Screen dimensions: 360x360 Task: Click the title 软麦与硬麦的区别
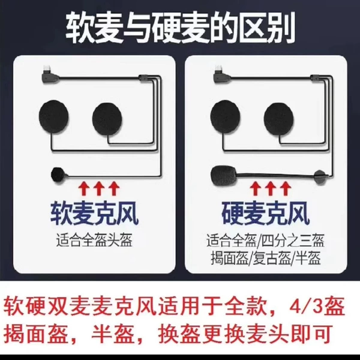pyautogui.click(x=181, y=28)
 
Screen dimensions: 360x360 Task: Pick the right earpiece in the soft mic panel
pyautogui.click(x=107, y=119)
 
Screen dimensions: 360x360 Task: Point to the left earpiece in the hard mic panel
pyautogui.click(x=225, y=117)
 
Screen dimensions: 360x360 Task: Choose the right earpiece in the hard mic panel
pyautogui.click(x=279, y=119)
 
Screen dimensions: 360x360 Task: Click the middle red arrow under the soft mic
pyautogui.click(x=99, y=188)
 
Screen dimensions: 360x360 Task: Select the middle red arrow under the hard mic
pyautogui.click(x=271, y=188)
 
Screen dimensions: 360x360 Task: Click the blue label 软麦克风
pyautogui.click(x=94, y=214)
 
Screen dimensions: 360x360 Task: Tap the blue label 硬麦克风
pyautogui.click(x=265, y=214)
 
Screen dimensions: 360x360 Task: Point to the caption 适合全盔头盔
pyautogui.click(x=94, y=240)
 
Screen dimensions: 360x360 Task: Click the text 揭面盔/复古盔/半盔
pyautogui.click(x=265, y=258)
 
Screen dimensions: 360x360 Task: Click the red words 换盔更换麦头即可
pyautogui.click(x=246, y=334)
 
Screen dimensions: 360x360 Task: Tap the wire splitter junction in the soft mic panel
pyautogui.click(x=145, y=78)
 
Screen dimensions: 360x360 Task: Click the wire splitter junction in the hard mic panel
pyautogui.click(x=317, y=78)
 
